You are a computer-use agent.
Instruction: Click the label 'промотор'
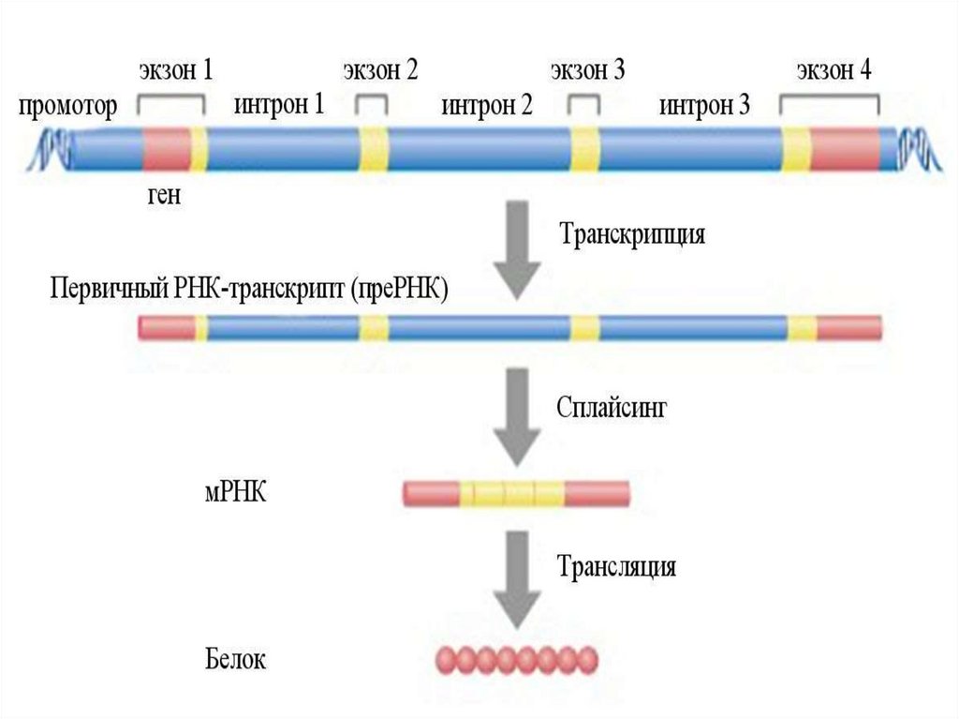[x=68, y=107]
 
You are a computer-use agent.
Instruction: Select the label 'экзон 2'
[x=379, y=72]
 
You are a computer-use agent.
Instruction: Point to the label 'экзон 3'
[x=587, y=72]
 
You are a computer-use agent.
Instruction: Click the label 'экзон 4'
[x=834, y=72]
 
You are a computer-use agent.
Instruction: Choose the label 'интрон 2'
[x=487, y=106]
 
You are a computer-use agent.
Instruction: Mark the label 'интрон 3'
[x=704, y=106]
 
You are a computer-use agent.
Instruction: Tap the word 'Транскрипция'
[x=632, y=234]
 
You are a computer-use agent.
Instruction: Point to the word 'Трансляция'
[x=617, y=567]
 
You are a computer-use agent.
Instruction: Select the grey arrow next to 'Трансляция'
[x=516, y=578]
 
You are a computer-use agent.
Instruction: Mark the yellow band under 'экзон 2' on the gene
[x=374, y=150]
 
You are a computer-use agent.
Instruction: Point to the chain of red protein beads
[x=516, y=659]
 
